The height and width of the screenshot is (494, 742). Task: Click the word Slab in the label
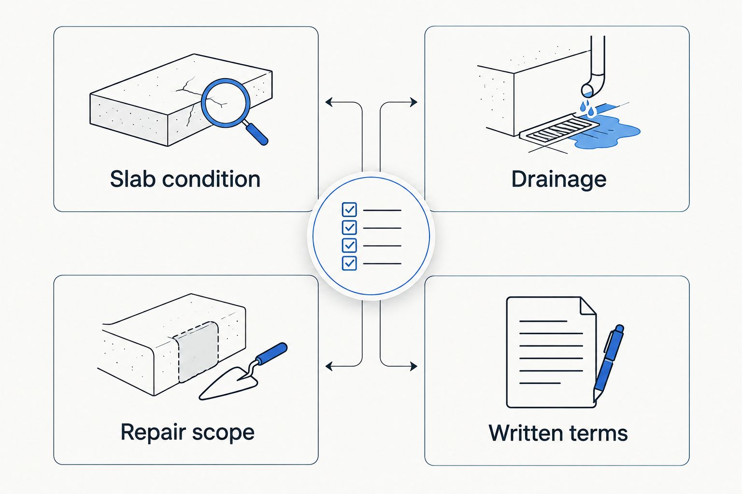coord(133,179)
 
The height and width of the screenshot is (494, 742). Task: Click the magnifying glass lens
coord(226,103)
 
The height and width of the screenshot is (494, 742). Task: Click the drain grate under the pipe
coord(559,129)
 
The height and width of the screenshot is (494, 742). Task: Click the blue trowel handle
coord(272,354)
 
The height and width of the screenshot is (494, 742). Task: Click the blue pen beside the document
coord(609,363)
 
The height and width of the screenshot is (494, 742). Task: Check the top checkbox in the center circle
coord(349,209)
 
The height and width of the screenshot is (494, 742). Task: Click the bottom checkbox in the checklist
coord(349,263)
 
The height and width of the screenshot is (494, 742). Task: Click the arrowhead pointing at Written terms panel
coord(414,366)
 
